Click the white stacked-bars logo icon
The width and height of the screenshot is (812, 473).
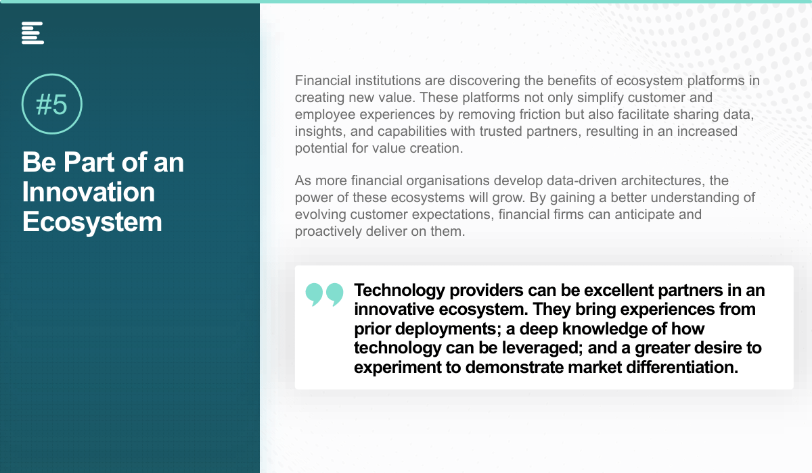(x=32, y=33)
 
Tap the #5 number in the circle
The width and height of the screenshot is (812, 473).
(x=52, y=105)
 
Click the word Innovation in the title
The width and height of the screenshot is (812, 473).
(x=89, y=192)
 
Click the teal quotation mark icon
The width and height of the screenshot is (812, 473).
(x=324, y=295)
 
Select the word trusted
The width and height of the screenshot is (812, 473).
(x=501, y=131)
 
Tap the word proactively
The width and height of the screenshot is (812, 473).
(x=328, y=232)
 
